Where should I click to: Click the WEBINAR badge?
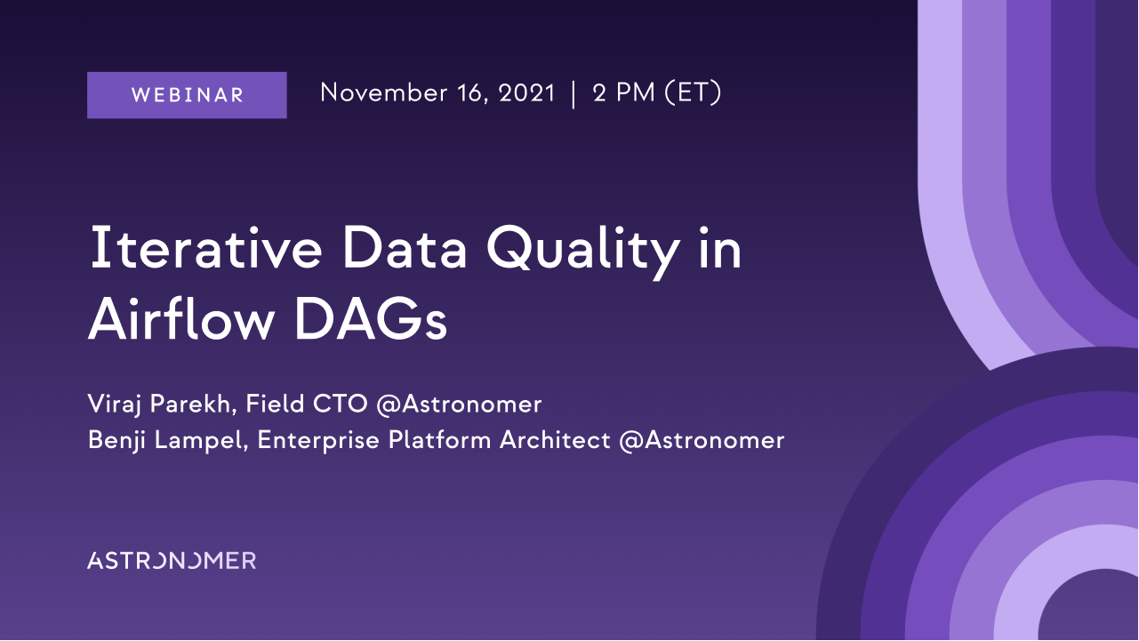tap(187, 95)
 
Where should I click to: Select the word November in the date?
tap(383, 92)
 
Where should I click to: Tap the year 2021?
tap(526, 92)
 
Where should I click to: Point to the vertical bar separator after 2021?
tap(574, 94)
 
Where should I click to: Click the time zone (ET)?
tap(693, 92)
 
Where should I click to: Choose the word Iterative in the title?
tap(206, 249)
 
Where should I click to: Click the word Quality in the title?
tap(583, 252)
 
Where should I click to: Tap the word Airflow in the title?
tap(181, 320)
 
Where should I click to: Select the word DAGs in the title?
tap(371, 321)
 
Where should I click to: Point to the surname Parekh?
tap(193, 404)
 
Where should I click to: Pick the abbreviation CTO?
tap(340, 405)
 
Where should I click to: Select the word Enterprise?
tap(318, 440)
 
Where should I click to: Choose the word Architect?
tap(555, 440)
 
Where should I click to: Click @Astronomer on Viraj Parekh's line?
tap(459, 405)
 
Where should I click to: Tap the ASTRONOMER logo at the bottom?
tap(172, 560)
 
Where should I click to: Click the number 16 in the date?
tap(472, 93)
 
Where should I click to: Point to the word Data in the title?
tap(405, 249)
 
